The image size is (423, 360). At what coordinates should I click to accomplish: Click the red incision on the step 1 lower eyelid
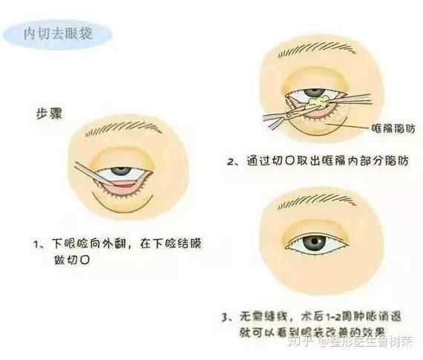coord(126,185)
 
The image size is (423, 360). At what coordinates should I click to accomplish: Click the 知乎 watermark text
coord(305,343)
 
